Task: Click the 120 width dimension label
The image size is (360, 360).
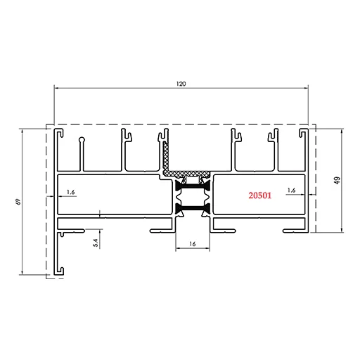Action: pos(181,84)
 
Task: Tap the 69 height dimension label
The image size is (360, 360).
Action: pos(18,202)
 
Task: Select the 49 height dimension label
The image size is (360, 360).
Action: pos(337,180)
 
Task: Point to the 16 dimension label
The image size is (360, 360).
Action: pos(193,244)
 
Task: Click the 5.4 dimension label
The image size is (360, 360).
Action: pos(96,243)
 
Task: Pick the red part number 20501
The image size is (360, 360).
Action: pos(260,195)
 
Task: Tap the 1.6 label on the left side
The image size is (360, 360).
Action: pos(70,192)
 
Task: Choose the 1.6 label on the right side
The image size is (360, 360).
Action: pos(291,191)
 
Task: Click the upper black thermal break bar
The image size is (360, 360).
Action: pos(193,186)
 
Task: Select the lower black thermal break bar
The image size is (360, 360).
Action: pos(193,207)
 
